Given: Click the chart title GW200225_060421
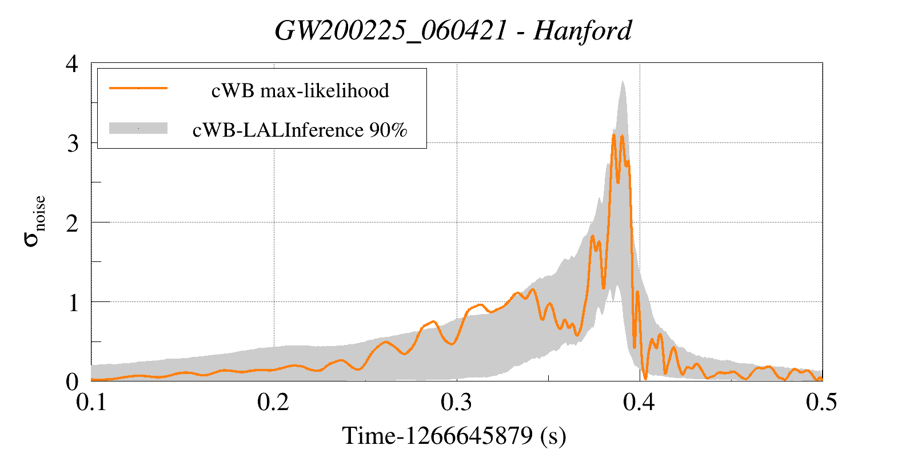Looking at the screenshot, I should (x=390, y=30).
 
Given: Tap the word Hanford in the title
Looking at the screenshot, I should (x=582, y=30).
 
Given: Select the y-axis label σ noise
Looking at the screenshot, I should (x=34, y=221).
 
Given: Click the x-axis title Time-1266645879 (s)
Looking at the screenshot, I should (x=454, y=436).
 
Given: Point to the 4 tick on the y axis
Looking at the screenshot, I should (x=72, y=63).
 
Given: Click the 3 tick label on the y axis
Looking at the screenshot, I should (x=72, y=143).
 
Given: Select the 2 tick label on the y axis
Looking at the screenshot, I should (x=72, y=223).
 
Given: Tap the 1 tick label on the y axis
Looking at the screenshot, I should (x=73, y=303).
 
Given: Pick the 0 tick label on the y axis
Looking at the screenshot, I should (x=72, y=381).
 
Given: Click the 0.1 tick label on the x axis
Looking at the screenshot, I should (x=91, y=402).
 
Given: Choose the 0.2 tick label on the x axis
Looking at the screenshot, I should (x=273, y=402).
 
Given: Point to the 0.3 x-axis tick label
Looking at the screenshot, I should (x=456, y=402).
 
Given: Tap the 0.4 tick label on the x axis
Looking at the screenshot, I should (x=639, y=402).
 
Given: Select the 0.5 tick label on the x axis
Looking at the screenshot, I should (x=821, y=402).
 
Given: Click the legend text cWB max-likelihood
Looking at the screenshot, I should (x=300, y=90).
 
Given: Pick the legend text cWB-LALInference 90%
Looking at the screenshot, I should (x=300, y=130).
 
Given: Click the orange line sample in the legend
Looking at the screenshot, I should (x=138, y=88).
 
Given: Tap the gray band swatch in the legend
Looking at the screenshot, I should (x=138, y=128).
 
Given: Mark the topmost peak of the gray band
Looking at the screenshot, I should (x=622, y=81).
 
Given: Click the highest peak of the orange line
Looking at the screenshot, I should (x=614, y=135).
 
